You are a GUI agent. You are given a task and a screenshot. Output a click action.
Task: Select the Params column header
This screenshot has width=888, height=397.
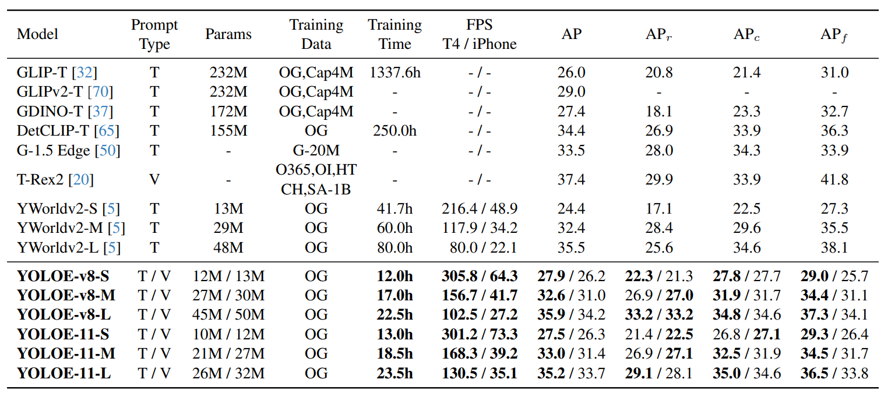pos(228,34)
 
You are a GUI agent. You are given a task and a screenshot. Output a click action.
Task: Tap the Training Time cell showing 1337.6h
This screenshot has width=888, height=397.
pos(394,73)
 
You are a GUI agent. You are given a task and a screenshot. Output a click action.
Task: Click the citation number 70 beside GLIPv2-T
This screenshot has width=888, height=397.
pos(103,92)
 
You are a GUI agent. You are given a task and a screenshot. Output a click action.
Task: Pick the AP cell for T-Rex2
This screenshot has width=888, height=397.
pos(572,180)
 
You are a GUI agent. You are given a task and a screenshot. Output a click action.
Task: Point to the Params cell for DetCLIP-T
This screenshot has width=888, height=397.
pos(228,130)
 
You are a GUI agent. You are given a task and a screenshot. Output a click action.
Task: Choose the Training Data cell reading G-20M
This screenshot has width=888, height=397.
pos(316,150)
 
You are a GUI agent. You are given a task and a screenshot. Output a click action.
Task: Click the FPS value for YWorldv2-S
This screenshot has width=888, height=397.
pos(479,209)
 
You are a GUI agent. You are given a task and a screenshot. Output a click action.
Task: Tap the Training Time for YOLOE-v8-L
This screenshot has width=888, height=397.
pos(394,315)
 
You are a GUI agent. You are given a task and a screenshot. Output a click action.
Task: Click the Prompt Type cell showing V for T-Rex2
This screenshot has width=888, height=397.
pos(154,180)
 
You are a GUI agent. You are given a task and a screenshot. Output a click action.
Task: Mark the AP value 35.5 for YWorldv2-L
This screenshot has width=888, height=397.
pos(572,247)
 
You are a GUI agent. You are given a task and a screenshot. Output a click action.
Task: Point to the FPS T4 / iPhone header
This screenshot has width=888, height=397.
pos(479,34)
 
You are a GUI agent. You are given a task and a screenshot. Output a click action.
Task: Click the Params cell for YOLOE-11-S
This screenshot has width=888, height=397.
pos(228,334)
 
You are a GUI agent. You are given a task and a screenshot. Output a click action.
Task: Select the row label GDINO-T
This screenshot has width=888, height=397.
pos(65,111)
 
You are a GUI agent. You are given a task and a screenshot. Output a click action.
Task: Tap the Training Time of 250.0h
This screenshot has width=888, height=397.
pos(394,130)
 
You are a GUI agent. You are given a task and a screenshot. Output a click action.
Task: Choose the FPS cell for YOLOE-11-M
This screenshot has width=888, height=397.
pos(479,353)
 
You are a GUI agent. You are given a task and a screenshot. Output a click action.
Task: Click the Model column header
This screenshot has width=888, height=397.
pos(37,34)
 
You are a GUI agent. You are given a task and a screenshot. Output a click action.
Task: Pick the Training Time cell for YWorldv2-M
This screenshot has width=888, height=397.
pos(394,228)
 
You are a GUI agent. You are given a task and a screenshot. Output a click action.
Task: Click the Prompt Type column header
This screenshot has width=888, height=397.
pos(154,34)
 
